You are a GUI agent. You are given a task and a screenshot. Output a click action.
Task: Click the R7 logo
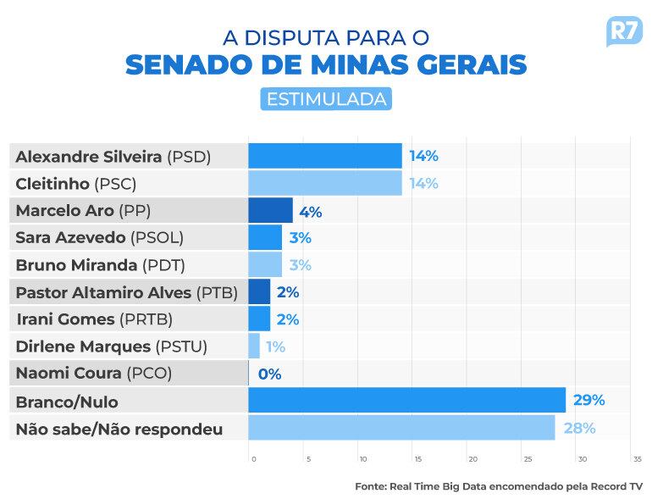point(623,32)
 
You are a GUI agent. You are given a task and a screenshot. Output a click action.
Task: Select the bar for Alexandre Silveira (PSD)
point(325,156)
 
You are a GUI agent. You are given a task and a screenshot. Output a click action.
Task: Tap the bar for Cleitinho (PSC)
point(325,183)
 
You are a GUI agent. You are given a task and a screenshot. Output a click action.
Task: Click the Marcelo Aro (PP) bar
point(270,210)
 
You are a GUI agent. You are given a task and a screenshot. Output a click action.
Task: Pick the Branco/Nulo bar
point(406,400)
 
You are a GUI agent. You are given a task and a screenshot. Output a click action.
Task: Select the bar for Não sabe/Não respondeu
point(401,428)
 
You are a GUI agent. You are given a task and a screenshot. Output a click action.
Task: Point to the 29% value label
point(589,400)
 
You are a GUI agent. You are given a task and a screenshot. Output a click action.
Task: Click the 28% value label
point(579,428)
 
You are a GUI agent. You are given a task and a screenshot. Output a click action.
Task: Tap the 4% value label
point(310,212)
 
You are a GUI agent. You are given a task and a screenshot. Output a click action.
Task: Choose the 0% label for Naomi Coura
point(269,374)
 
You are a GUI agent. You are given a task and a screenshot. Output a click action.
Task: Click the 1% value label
point(275,347)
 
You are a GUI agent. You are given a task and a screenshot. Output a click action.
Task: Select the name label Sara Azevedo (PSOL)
point(100,237)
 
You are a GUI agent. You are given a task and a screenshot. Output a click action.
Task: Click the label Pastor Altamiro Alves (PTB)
point(127,292)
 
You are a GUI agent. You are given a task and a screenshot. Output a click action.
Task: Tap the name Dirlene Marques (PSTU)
point(112,347)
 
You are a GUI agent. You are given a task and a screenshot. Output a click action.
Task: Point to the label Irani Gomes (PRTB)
point(94,319)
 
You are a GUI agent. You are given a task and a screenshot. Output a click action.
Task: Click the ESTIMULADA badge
point(326,99)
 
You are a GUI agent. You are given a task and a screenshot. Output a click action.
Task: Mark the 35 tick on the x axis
point(637,459)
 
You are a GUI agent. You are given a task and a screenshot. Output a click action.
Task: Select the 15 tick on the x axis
point(417,459)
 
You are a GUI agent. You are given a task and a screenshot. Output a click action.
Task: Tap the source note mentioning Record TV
point(499,486)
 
